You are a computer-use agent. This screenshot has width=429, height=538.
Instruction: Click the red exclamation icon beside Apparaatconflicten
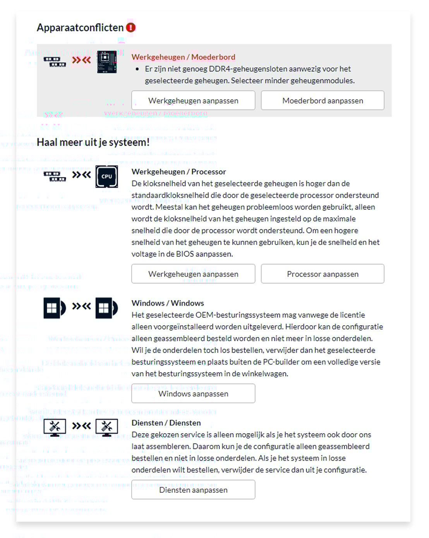coord(131,28)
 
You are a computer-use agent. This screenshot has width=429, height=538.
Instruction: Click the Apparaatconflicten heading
coord(80,28)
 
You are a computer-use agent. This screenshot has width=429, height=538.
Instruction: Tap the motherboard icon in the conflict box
coord(107,62)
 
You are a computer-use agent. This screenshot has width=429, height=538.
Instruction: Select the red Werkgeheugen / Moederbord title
coord(183,57)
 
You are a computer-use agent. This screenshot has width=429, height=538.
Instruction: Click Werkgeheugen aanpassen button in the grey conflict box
coord(193,100)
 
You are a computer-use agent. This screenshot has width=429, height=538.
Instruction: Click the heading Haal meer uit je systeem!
coord(93,142)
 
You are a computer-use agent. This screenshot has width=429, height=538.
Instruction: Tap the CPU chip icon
coord(107,176)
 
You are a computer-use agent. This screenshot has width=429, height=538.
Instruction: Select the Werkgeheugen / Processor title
coord(178,172)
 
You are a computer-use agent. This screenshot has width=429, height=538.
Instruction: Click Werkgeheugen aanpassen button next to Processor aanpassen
coord(193,274)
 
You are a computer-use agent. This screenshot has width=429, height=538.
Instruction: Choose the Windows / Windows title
coord(168,303)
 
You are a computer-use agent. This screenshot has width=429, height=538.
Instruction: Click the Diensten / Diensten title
coord(166,423)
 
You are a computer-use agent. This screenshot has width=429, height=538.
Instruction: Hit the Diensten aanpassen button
coord(193,490)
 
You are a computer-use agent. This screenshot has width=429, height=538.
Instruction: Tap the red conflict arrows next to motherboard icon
coord(81,60)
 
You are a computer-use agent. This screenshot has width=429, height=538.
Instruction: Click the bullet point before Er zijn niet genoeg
coord(137,69)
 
